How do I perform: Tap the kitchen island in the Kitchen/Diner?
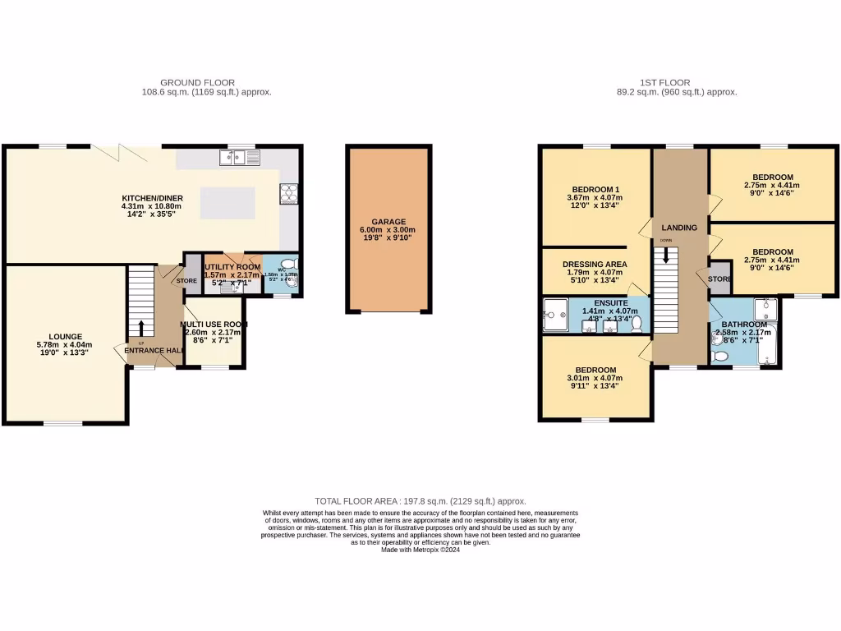click(x=227, y=202)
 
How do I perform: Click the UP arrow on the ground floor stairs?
click(x=141, y=329)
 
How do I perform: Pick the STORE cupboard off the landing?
click(x=719, y=279)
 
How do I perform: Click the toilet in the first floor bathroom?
click(x=720, y=356)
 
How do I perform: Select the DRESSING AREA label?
click(x=595, y=264)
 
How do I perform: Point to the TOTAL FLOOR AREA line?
click(x=420, y=501)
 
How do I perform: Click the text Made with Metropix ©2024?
click(x=420, y=550)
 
